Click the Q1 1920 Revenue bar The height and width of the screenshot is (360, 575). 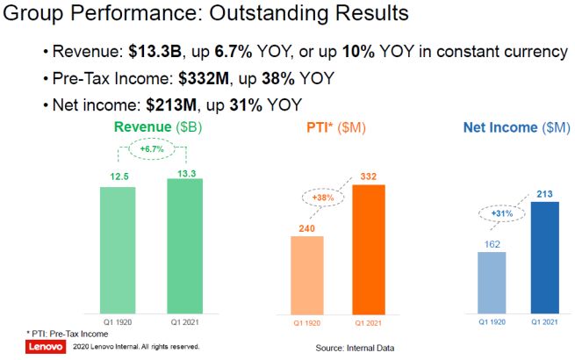point(118,249)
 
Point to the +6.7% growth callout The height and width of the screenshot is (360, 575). point(151,151)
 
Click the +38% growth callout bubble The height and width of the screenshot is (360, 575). point(323,198)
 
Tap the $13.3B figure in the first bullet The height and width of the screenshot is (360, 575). point(150,51)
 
